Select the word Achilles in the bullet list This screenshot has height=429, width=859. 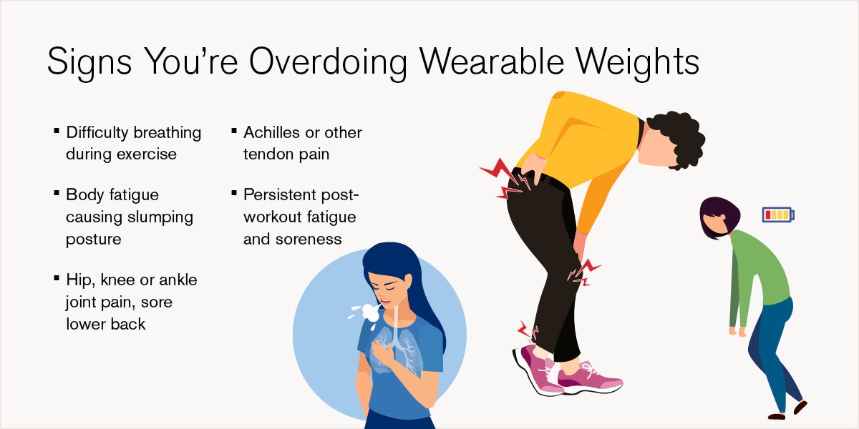pos(271,132)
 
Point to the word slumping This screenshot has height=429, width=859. pos(160,218)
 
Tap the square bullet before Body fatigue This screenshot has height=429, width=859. pos(57,193)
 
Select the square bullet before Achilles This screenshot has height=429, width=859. pos(234,131)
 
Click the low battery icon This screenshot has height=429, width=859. pos(778,214)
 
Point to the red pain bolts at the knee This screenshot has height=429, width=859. pos(583,272)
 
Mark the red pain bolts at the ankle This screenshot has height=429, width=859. pos(528,331)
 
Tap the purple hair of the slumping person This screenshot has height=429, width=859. pos(718,215)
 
